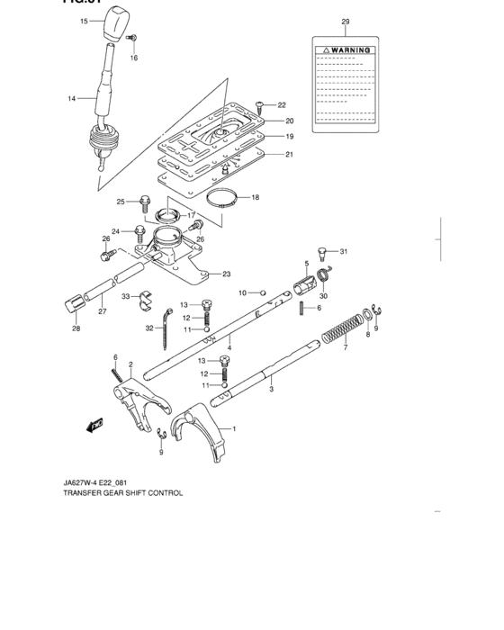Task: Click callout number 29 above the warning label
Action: [x=345, y=21]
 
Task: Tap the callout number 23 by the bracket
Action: [x=227, y=274]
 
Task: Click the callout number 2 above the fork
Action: [x=130, y=364]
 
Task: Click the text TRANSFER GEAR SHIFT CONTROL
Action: [x=123, y=493]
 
